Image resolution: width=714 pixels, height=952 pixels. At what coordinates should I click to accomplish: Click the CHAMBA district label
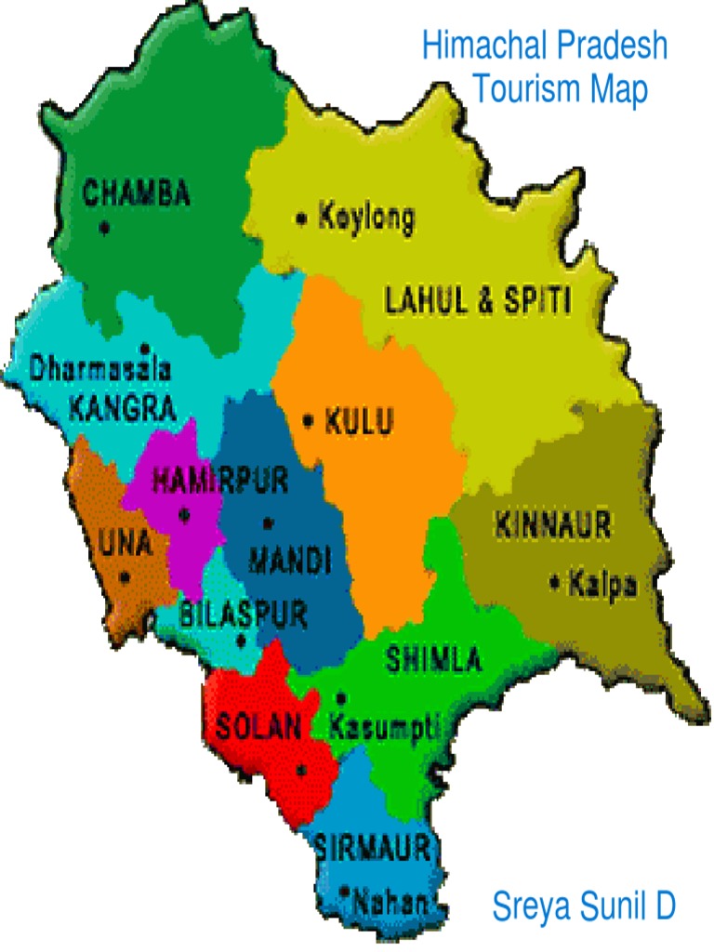click(x=137, y=193)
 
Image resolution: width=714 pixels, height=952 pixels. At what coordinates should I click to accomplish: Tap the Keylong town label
click(x=366, y=218)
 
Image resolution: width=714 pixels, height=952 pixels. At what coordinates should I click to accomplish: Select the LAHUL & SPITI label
click(x=478, y=300)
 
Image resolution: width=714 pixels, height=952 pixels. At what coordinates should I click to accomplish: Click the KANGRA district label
click(x=122, y=407)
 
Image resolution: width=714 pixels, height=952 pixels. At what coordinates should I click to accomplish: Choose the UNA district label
click(x=126, y=543)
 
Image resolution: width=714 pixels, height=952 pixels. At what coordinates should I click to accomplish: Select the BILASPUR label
click(x=243, y=614)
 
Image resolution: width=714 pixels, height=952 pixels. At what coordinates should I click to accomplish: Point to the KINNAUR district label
click(x=553, y=525)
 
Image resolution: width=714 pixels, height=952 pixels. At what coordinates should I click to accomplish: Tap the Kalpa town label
click(x=603, y=584)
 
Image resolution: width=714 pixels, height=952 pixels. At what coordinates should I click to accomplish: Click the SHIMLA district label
click(x=433, y=661)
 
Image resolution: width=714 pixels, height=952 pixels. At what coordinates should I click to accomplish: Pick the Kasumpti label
click(x=384, y=726)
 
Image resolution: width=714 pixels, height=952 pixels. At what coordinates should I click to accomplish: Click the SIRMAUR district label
click(x=372, y=847)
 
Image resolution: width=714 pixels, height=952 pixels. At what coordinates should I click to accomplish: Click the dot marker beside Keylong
click(x=301, y=219)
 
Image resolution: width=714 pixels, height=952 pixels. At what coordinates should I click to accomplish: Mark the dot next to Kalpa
click(x=555, y=584)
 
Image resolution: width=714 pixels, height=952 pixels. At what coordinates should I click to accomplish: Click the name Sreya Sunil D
click(x=583, y=905)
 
